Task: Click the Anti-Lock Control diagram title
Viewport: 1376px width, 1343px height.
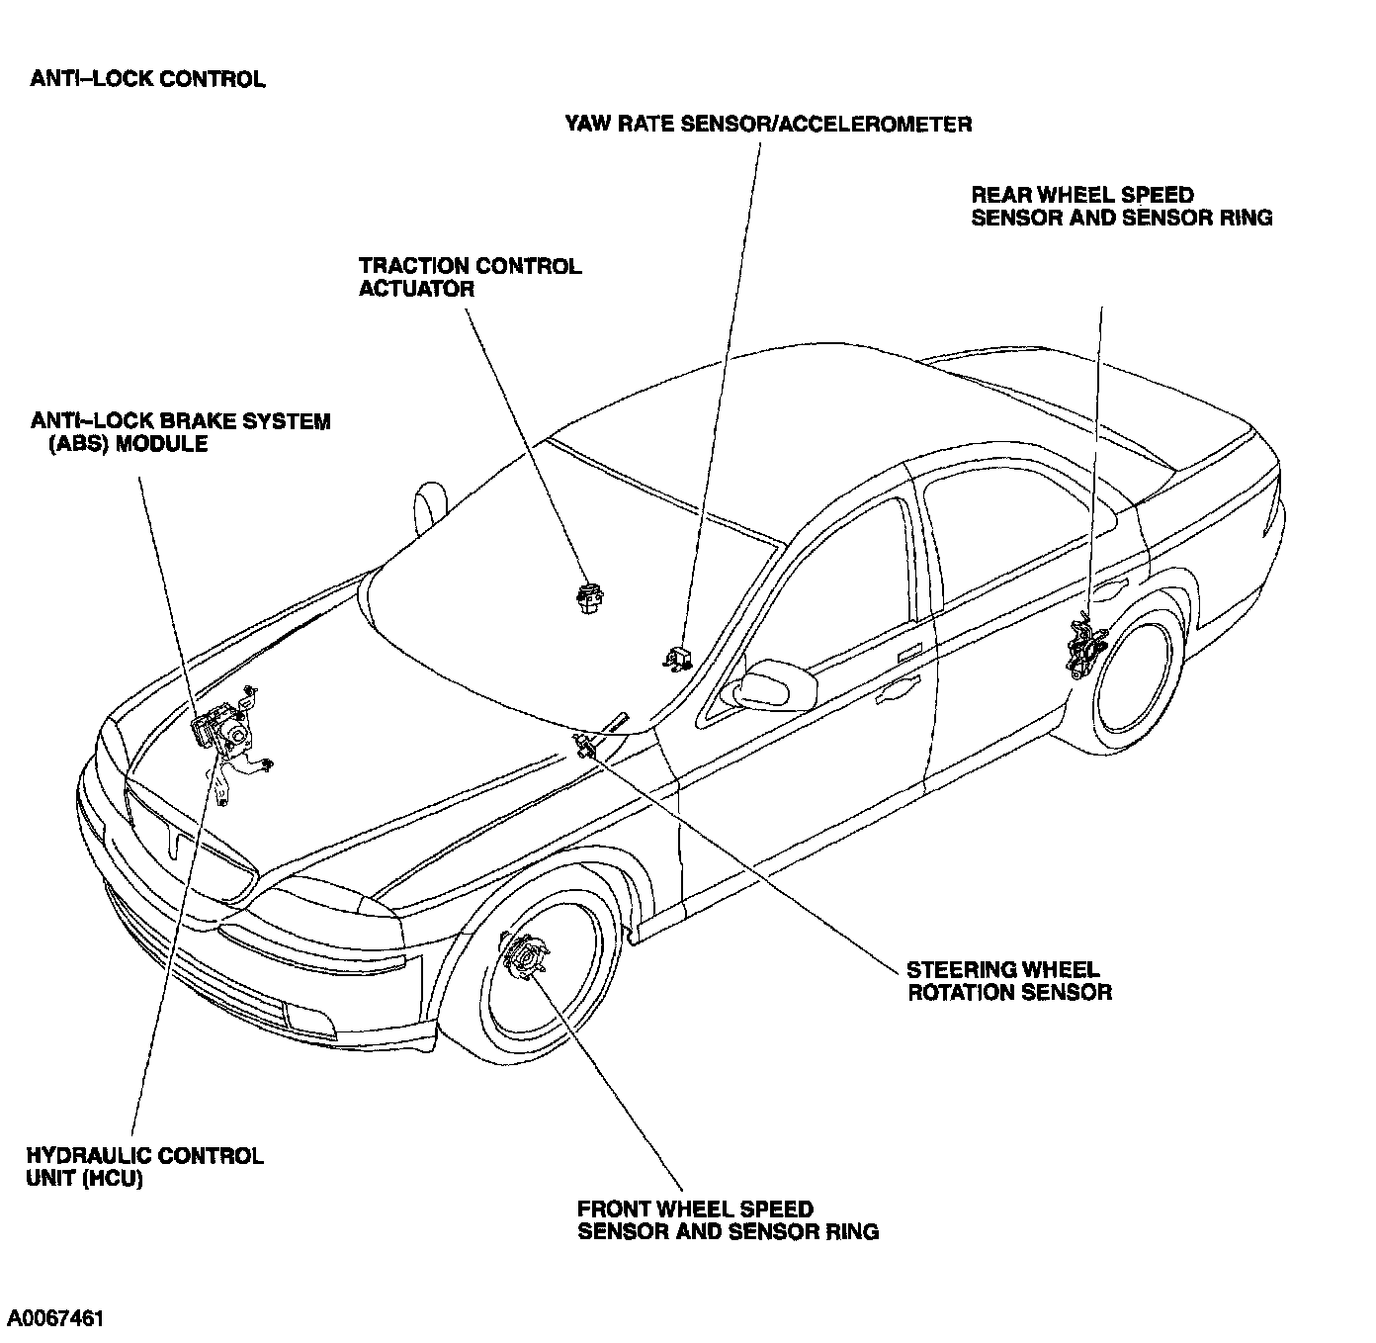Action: click(147, 80)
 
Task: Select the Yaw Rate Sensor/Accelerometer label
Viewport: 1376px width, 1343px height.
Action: click(768, 125)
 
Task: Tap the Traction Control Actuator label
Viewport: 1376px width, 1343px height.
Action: click(470, 278)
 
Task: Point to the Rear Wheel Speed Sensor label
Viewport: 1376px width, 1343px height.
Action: click(1121, 207)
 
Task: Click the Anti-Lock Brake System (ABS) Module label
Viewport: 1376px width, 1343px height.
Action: click(181, 433)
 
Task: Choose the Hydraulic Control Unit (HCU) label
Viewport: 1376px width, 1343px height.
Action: click(144, 1167)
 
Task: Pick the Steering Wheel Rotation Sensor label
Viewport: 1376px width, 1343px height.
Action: click(1009, 981)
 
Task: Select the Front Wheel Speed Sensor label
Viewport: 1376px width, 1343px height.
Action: click(728, 1220)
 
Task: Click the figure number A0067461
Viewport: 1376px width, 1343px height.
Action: click(55, 1318)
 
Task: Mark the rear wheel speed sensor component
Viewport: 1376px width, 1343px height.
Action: click(1085, 648)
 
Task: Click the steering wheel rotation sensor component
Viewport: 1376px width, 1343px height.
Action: click(584, 743)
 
